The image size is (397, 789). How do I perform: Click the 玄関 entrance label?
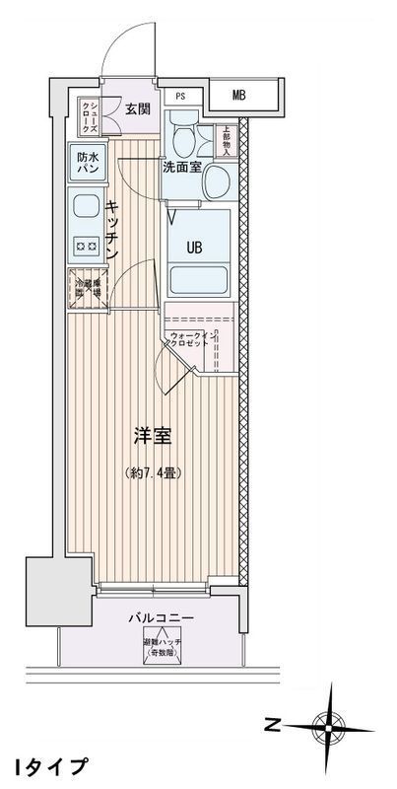pos(136,108)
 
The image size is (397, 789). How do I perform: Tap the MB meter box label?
pos(239,95)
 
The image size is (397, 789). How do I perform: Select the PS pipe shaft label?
pos(179,96)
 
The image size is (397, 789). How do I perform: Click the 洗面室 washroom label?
pos(182,167)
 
